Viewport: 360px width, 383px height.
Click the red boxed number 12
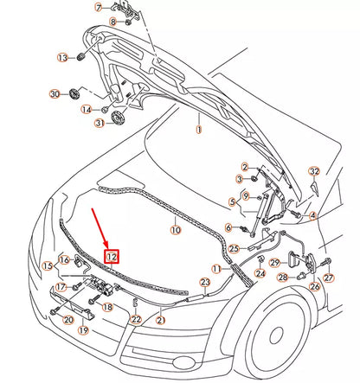[111, 256]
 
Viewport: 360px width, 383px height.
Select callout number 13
[61, 57]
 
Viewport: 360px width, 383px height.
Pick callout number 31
[100, 124]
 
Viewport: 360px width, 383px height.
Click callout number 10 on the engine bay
[174, 230]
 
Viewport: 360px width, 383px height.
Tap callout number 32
[314, 172]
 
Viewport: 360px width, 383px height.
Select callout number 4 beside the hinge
[314, 214]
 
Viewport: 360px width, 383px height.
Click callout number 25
[232, 249]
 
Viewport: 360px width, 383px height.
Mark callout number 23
[205, 282]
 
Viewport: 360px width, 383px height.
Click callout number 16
[64, 260]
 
